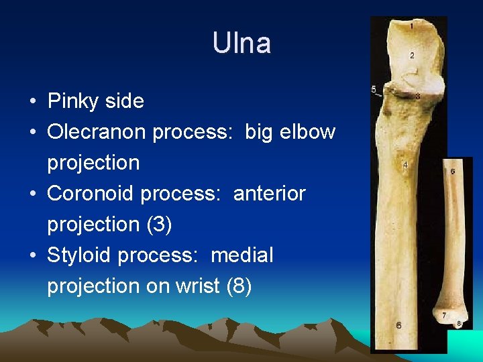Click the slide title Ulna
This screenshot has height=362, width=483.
tap(241, 44)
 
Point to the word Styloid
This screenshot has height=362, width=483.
tap(79, 255)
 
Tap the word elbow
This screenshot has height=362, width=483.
tap(309, 132)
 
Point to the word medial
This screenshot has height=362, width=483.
tap(242, 255)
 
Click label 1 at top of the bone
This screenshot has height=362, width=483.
tap(411, 26)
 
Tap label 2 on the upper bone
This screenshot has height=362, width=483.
tap(412, 54)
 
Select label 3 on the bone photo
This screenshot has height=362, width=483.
tap(417, 97)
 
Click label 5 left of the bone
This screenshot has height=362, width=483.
tap(374, 89)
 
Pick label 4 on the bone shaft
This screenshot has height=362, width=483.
tap(405, 164)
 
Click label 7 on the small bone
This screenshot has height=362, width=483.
tap(444, 314)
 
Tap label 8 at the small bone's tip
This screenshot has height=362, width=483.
tap(459, 323)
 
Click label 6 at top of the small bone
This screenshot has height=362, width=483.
tap(453, 172)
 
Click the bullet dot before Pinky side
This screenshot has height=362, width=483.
tap(32, 102)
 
